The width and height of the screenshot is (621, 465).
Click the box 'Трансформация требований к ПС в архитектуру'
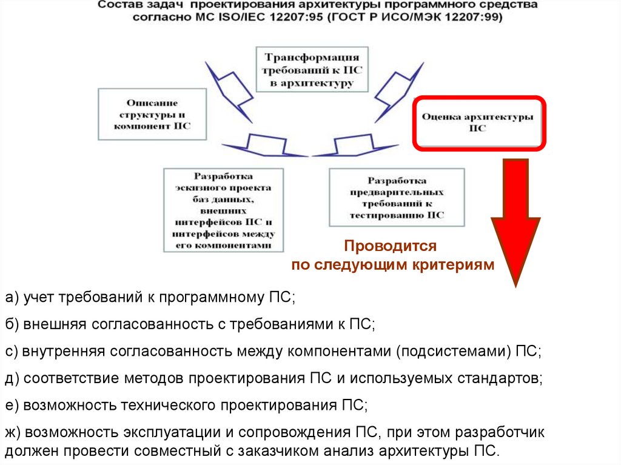pyautogui.click(x=312, y=69)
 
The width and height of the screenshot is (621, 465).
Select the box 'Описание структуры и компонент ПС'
pyautogui.click(x=152, y=114)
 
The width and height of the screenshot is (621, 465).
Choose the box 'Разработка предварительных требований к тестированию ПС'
pyautogui.click(x=397, y=198)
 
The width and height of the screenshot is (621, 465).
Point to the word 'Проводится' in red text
pyautogui.click(x=390, y=246)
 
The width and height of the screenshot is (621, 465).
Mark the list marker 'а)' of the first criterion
pyautogui.click(x=13, y=298)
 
